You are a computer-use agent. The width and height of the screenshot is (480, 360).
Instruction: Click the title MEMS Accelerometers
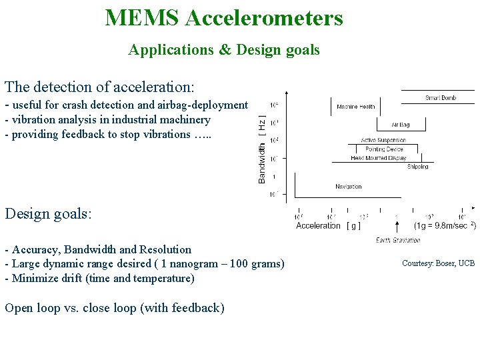pos(224,17)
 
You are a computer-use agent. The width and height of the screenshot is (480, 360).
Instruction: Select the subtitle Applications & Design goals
pos(224,50)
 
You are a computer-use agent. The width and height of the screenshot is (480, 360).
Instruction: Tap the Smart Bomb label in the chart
pos(440,98)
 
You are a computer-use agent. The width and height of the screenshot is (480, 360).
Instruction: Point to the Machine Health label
pos(355,107)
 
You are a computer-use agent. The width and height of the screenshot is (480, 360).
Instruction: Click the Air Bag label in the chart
pos(400,124)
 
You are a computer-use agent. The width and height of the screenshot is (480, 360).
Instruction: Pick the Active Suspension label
pos(383,140)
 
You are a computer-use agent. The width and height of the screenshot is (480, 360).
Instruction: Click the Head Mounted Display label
pos(378,159)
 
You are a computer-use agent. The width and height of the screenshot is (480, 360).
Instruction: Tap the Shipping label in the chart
pos(417,167)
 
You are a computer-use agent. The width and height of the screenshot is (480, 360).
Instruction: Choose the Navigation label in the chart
pos(348,187)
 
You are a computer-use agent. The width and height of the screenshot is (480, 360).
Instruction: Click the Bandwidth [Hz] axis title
pos(262,149)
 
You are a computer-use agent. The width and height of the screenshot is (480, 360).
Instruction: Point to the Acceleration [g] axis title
pos(329,226)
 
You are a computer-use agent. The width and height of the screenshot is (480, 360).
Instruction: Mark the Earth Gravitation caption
pos(398,240)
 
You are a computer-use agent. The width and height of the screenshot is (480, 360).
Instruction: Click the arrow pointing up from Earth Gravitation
pos(397,225)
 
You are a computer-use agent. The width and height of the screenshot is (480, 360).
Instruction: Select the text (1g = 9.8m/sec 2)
pos(445,225)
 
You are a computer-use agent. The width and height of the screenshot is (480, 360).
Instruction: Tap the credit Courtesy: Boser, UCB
pos(438,263)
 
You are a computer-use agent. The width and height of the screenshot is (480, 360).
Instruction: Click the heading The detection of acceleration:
pos(99,87)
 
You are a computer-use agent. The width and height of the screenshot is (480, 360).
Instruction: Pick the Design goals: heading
pos(48,213)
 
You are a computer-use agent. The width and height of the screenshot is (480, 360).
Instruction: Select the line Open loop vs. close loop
pos(114,307)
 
